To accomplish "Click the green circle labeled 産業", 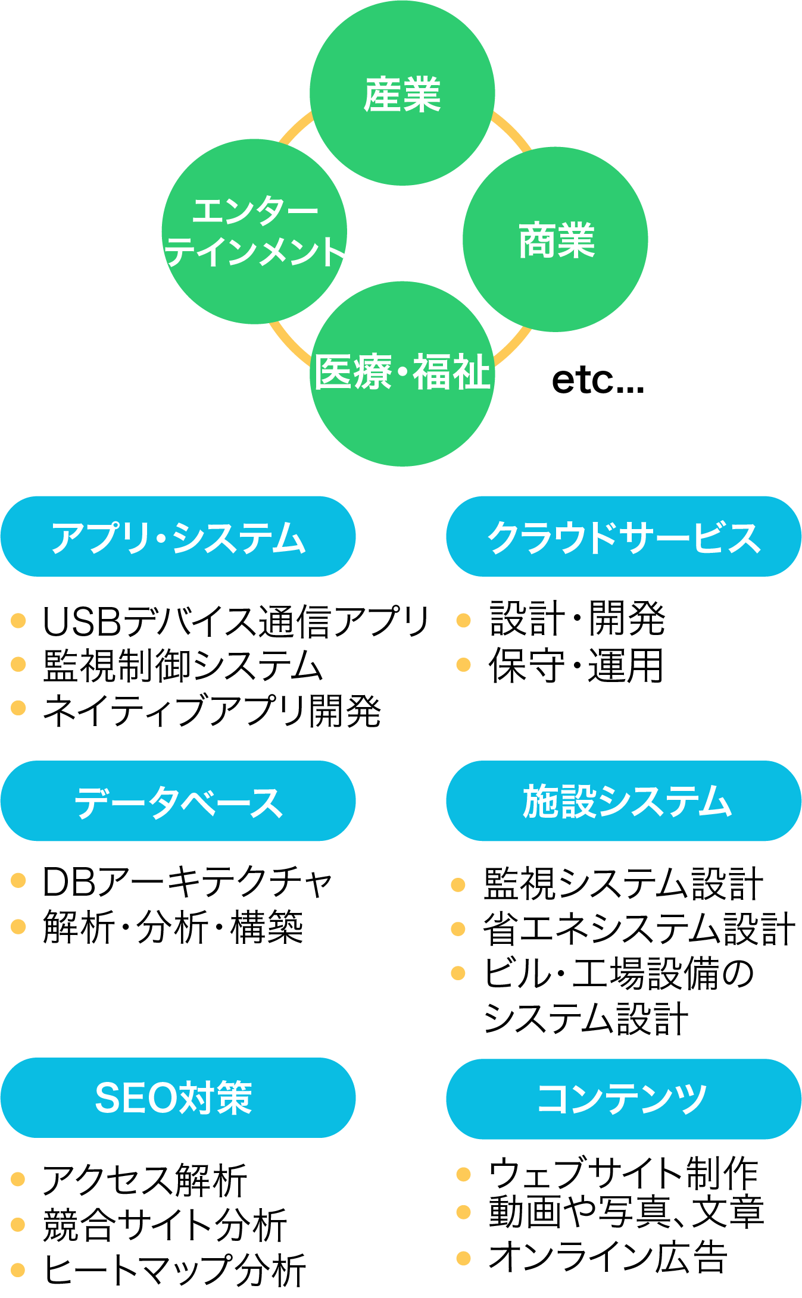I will [x=402, y=93].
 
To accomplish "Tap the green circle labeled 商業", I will [x=556, y=239].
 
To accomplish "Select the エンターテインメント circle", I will [x=254, y=232].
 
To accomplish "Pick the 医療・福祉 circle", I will [x=402, y=373].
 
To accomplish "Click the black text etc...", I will [x=598, y=380].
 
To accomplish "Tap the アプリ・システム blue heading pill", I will [x=178, y=536].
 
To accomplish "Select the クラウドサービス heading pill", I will [x=623, y=536].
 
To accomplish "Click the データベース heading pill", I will [x=178, y=801].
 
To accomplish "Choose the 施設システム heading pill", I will [x=623, y=801].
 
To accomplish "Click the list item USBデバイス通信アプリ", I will [x=236, y=621].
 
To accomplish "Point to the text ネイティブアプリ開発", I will [x=212, y=711].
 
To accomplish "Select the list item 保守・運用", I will [x=576, y=665].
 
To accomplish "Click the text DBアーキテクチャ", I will [x=187, y=881].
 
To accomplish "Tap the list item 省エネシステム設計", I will [x=639, y=928].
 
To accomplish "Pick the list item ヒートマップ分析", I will [x=175, y=1270].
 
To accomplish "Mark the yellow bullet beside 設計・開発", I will [x=463, y=621].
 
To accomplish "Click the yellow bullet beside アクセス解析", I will [x=18, y=1179].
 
